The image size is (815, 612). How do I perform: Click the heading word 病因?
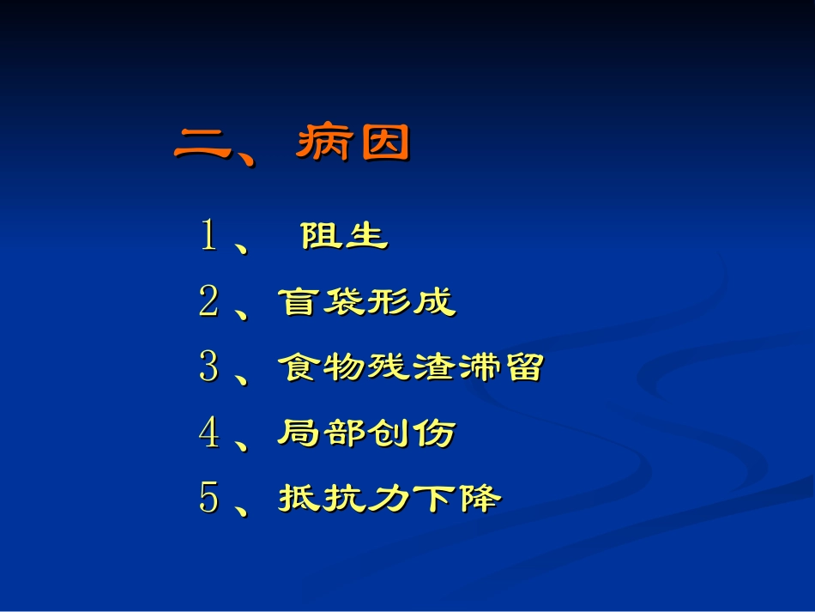353,143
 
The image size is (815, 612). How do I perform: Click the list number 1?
208,235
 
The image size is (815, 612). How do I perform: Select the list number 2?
208,301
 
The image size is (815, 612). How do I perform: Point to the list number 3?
208,367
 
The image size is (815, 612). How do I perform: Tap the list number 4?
208,433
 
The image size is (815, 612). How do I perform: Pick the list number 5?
208,498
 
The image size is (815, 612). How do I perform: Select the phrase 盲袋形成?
367,301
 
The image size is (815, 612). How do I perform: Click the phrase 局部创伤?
366,433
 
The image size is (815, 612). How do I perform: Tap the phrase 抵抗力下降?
389,498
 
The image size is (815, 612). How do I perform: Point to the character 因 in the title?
383,143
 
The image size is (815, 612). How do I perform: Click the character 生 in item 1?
367,236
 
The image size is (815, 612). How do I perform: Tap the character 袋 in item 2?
344,301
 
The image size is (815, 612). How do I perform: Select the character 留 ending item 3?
522,367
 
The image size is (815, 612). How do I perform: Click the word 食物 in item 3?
322,367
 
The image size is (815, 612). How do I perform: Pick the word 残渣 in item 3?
411,367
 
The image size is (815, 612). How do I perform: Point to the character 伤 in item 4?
434,433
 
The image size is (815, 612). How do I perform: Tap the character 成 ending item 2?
434,301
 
